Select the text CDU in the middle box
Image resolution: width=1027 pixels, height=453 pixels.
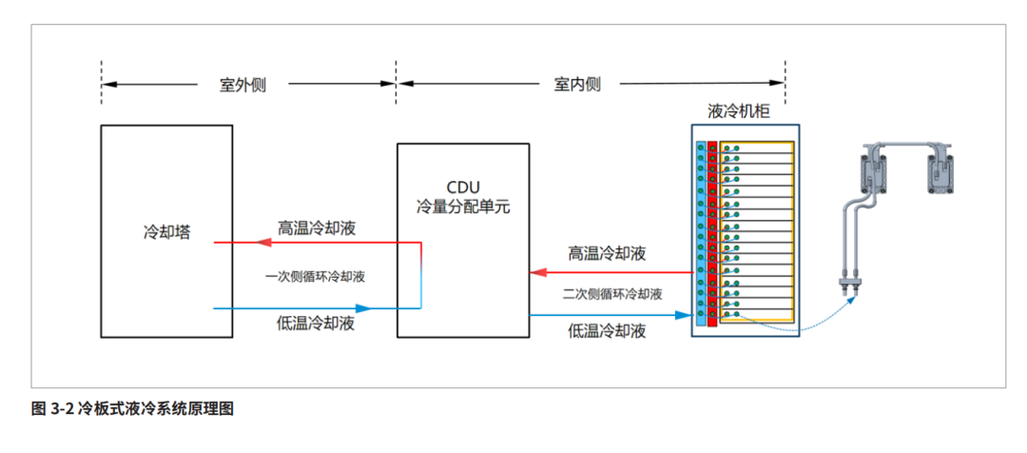click(x=463, y=186)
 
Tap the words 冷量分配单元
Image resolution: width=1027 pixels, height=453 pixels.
click(x=463, y=205)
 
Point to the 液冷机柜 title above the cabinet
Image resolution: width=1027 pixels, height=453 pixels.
click(x=739, y=111)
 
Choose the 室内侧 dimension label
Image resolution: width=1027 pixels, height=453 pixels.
click(x=577, y=84)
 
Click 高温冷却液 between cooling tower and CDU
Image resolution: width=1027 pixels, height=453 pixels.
click(x=318, y=227)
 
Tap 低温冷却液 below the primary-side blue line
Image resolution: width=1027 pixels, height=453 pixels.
click(x=317, y=324)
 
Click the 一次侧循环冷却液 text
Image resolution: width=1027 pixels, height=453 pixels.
click(x=316, y=277)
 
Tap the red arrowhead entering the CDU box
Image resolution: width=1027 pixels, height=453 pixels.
click(x=538, y=273)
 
